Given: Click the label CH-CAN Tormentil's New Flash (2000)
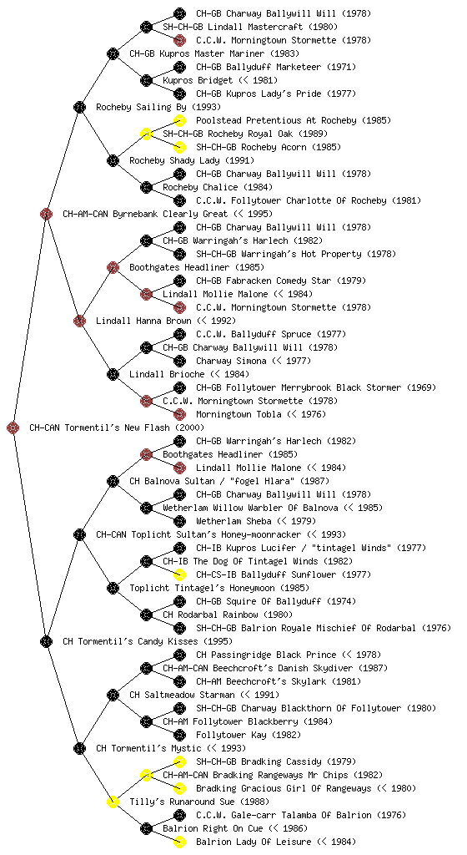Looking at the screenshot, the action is coord(117,427).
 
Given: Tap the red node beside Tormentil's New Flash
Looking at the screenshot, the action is coord(13,427).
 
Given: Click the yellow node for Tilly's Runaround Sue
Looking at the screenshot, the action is coord(113,802).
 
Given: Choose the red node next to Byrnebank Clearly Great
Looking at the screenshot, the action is coord(46,214).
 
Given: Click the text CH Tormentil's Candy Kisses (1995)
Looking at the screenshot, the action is coord(148,641).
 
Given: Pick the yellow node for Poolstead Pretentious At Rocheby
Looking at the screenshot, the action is coord(179,120).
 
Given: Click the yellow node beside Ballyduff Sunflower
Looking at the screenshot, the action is coord(179,574).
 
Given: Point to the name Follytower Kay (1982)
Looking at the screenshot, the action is coord(249,735).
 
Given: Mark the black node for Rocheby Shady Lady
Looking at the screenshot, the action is coord(113,160).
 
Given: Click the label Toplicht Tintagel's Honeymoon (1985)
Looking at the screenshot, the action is coord(219,588).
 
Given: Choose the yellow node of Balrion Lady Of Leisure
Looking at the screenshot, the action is coord(179,842).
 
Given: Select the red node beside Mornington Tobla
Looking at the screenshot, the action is coord(179,414).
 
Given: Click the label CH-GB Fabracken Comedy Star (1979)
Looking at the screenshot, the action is coord(281,281).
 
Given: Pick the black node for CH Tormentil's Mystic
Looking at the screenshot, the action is coord(79,748).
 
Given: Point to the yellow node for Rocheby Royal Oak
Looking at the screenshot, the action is coord(146,134).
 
